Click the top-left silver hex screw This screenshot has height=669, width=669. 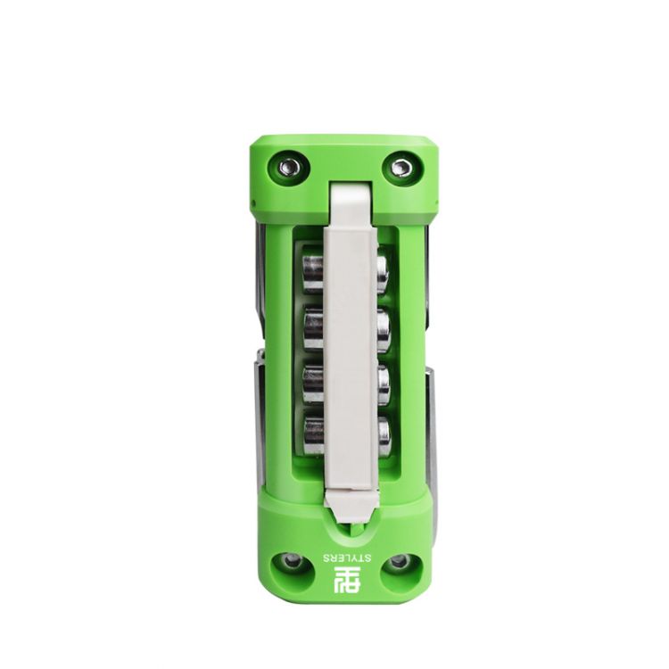point(289,167)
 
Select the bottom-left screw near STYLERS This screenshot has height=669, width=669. point(293,561)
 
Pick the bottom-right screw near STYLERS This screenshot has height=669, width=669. point(400,561)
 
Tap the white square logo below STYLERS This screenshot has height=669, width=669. point(347,580)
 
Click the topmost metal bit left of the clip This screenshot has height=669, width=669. point(313,274)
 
